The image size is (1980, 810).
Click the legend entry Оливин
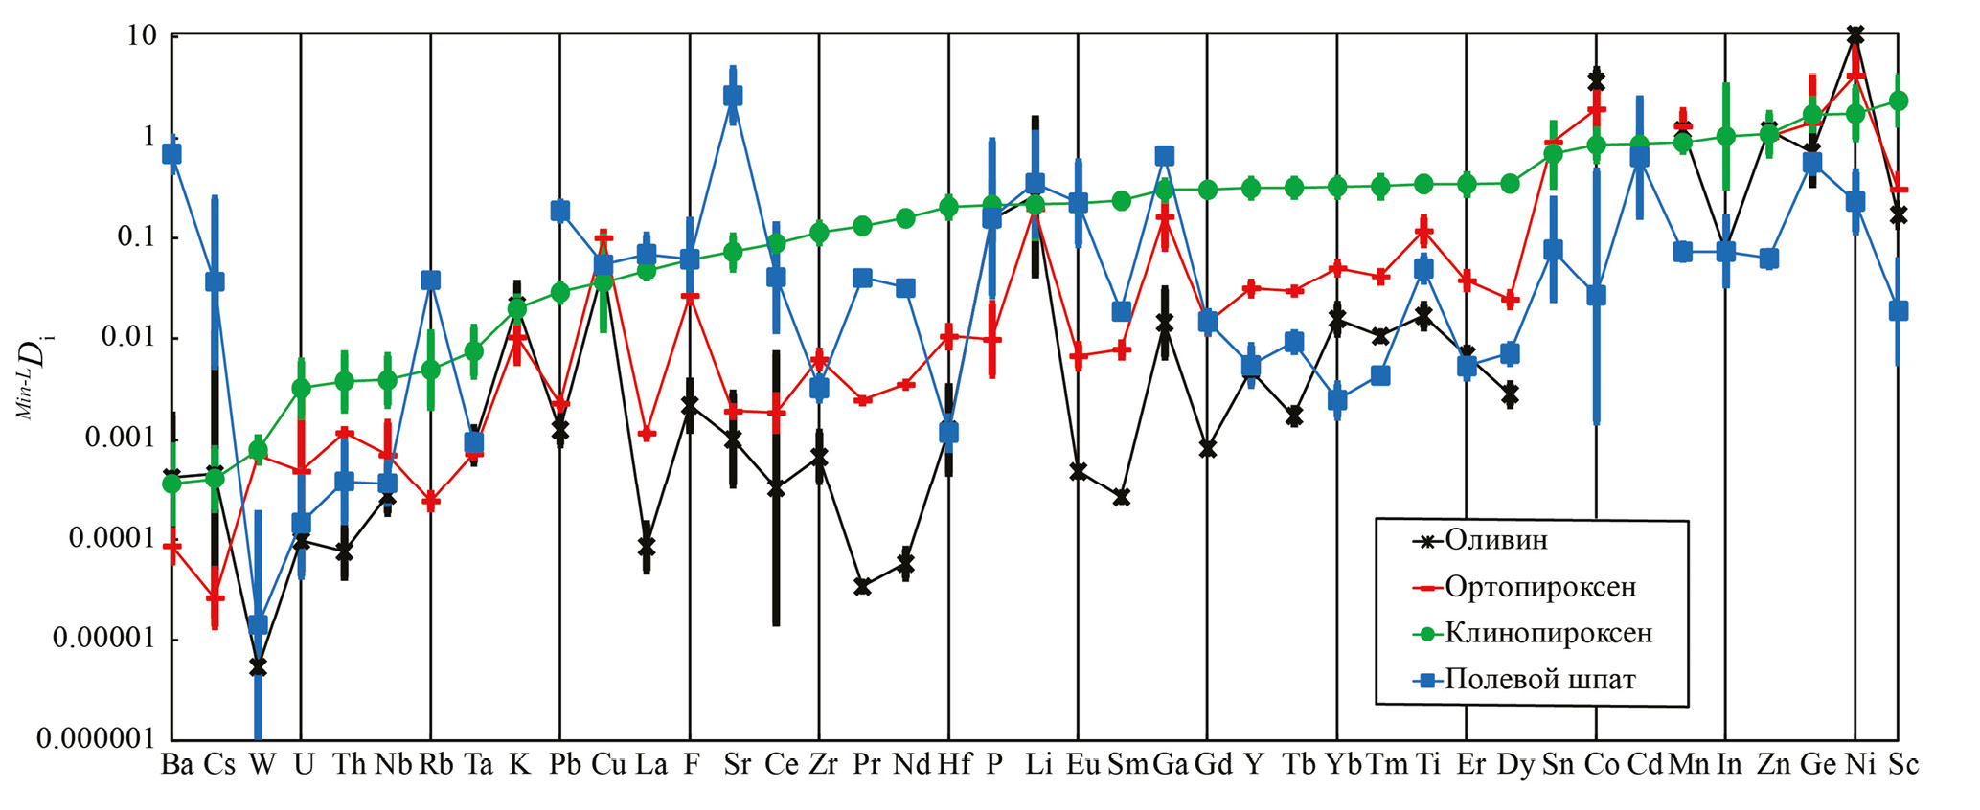point(1495,541)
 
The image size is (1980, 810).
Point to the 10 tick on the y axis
point(140,35)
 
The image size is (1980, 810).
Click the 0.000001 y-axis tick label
point(95,738)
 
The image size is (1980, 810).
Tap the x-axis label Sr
point(737,765)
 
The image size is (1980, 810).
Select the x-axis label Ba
point(177,765)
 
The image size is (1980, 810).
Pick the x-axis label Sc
point(1902,765)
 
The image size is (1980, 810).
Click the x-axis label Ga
point(1170,765)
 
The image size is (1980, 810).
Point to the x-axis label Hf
point(954,765)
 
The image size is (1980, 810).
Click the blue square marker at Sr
point(734,95)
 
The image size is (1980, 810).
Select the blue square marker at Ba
point(171,153)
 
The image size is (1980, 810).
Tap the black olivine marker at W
point(258,667)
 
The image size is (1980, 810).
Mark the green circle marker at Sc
point(1899,101)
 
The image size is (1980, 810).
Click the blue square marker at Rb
point(430,280)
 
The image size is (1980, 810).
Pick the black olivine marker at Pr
point(862,587)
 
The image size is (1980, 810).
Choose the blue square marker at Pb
point(560,211)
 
